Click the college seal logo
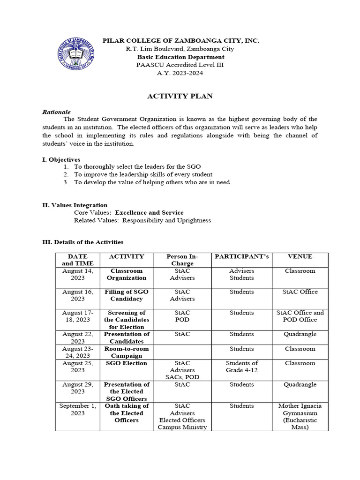[78, 55]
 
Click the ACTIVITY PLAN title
[180, 96]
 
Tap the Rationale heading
[56, 112]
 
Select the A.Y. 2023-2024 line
[180, 73]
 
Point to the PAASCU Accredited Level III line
[180, 65]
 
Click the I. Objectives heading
[61, 160]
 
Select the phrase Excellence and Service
[150, 213]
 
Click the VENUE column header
[300, 257]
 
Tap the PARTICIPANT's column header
[241, 257]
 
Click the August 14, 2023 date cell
[78, 274]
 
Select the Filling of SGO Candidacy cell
[127, 295]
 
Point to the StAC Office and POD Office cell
[300, 316]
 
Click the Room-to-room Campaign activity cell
[127, 352]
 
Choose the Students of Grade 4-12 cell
[241, 367]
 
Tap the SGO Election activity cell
[127, 363]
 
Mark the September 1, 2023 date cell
[78, 409]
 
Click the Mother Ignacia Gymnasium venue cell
[300, 417]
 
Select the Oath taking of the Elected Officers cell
[127, 413]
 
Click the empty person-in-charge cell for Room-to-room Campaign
[182, 352]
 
